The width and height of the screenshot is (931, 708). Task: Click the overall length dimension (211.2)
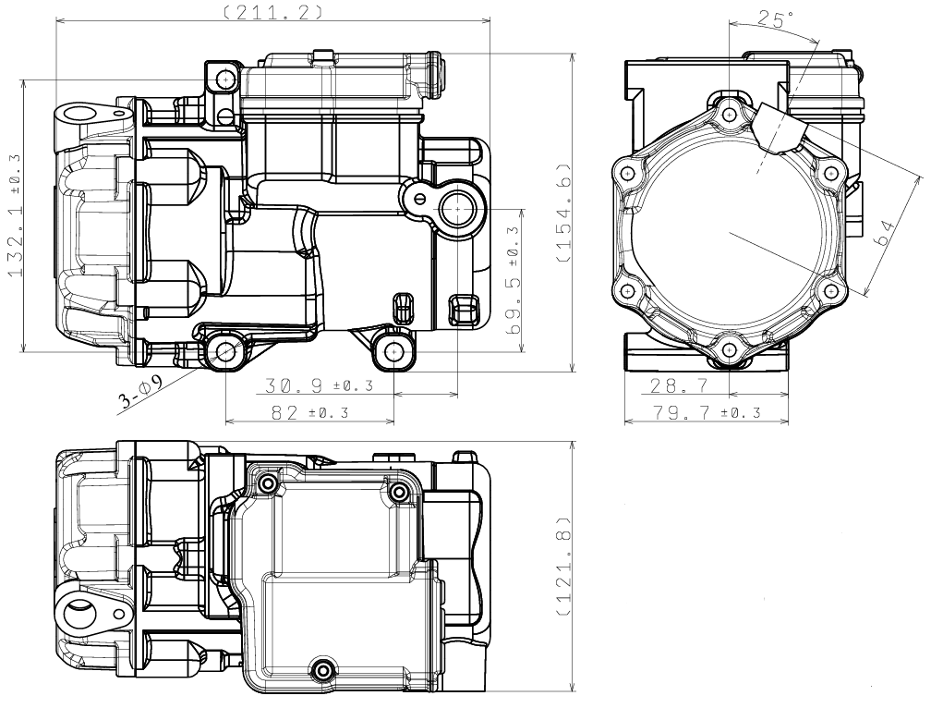pos(273,12)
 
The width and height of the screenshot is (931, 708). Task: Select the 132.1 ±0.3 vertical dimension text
pos(14,215)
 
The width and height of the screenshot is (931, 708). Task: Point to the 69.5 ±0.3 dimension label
pos(514,280)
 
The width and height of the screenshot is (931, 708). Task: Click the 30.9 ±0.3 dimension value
pos(319,385)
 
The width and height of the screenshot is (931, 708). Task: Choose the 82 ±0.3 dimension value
pos(309,411)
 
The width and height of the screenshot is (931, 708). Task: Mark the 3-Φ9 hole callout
pos(140,393)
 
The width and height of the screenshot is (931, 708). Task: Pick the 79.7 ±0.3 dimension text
pos(707,411)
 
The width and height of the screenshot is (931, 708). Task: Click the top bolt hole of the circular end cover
pos(729,114)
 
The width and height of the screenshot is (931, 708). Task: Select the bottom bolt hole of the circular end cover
pos(729,350)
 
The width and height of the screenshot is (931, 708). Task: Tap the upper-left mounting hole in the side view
pos(225,79)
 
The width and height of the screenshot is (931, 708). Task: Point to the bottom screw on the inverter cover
pos(323,669)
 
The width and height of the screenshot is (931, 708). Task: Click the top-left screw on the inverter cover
pos(268,483)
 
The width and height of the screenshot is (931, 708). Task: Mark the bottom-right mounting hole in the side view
pos(393,351)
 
